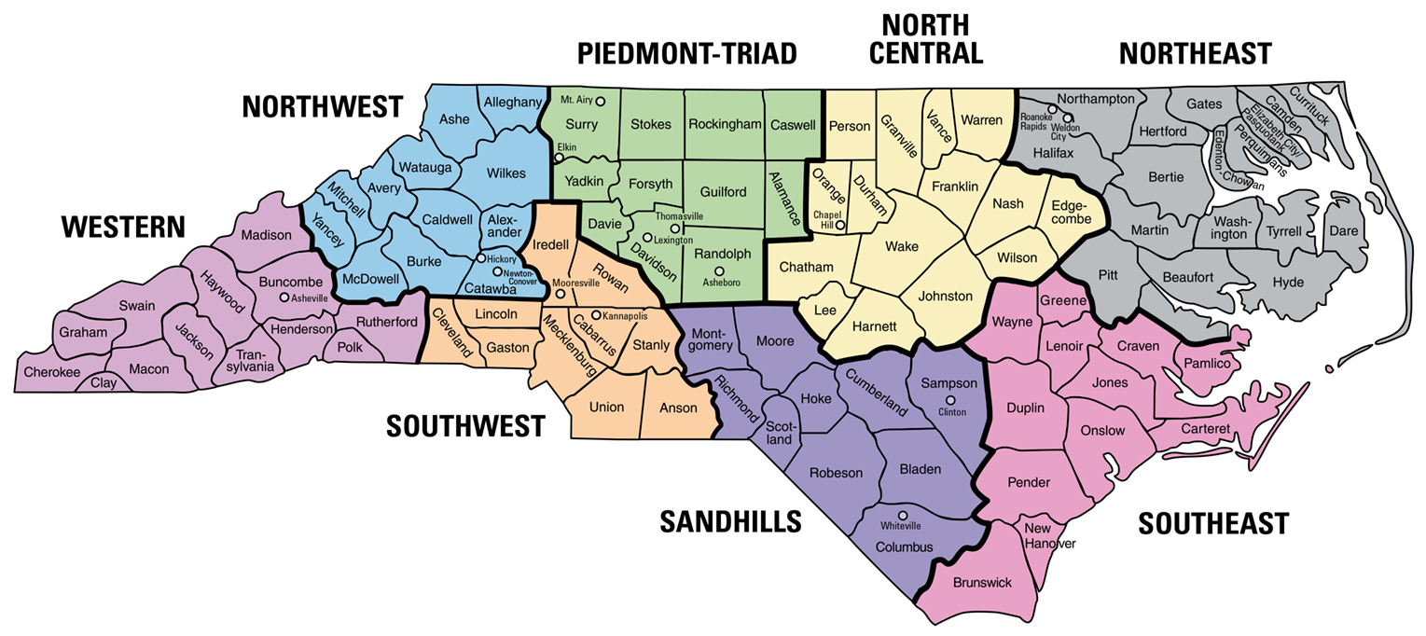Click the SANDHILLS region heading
tap(730, 522)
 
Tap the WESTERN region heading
tap(123, 227)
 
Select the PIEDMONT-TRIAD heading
tap(687, 54)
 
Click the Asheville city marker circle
tap(284, 297)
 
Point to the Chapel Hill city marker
tap(839, 225)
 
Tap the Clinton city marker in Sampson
tap(950, 400)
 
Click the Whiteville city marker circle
tap(902, 516)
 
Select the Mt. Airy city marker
tap(601, 101)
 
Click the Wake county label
tap(902, 246)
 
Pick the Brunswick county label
tap(982, 583)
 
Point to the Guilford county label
tap(721, 192)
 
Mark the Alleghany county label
tap(512, 102)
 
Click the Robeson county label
tap(836, 473)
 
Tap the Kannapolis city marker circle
tap(596, 315)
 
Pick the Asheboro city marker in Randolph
tap(719, 270)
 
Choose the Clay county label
tap(104, 381)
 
